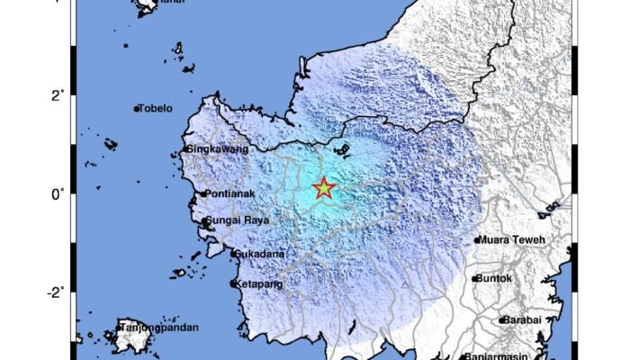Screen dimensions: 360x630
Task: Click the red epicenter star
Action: [323, 189]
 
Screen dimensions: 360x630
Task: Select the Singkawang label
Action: [217, 149]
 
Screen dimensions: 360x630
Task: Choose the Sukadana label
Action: [261, 254]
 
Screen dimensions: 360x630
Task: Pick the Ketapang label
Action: [262, 283]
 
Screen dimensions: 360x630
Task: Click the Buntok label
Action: [496, 279]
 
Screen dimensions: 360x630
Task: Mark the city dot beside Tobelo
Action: [137, 110]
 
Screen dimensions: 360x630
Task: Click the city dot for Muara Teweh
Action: [477, 240]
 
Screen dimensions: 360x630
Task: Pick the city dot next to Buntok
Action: [474, 279]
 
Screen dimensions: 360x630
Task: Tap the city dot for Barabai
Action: [502, 319]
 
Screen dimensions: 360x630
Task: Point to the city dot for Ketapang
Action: [233, 283]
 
